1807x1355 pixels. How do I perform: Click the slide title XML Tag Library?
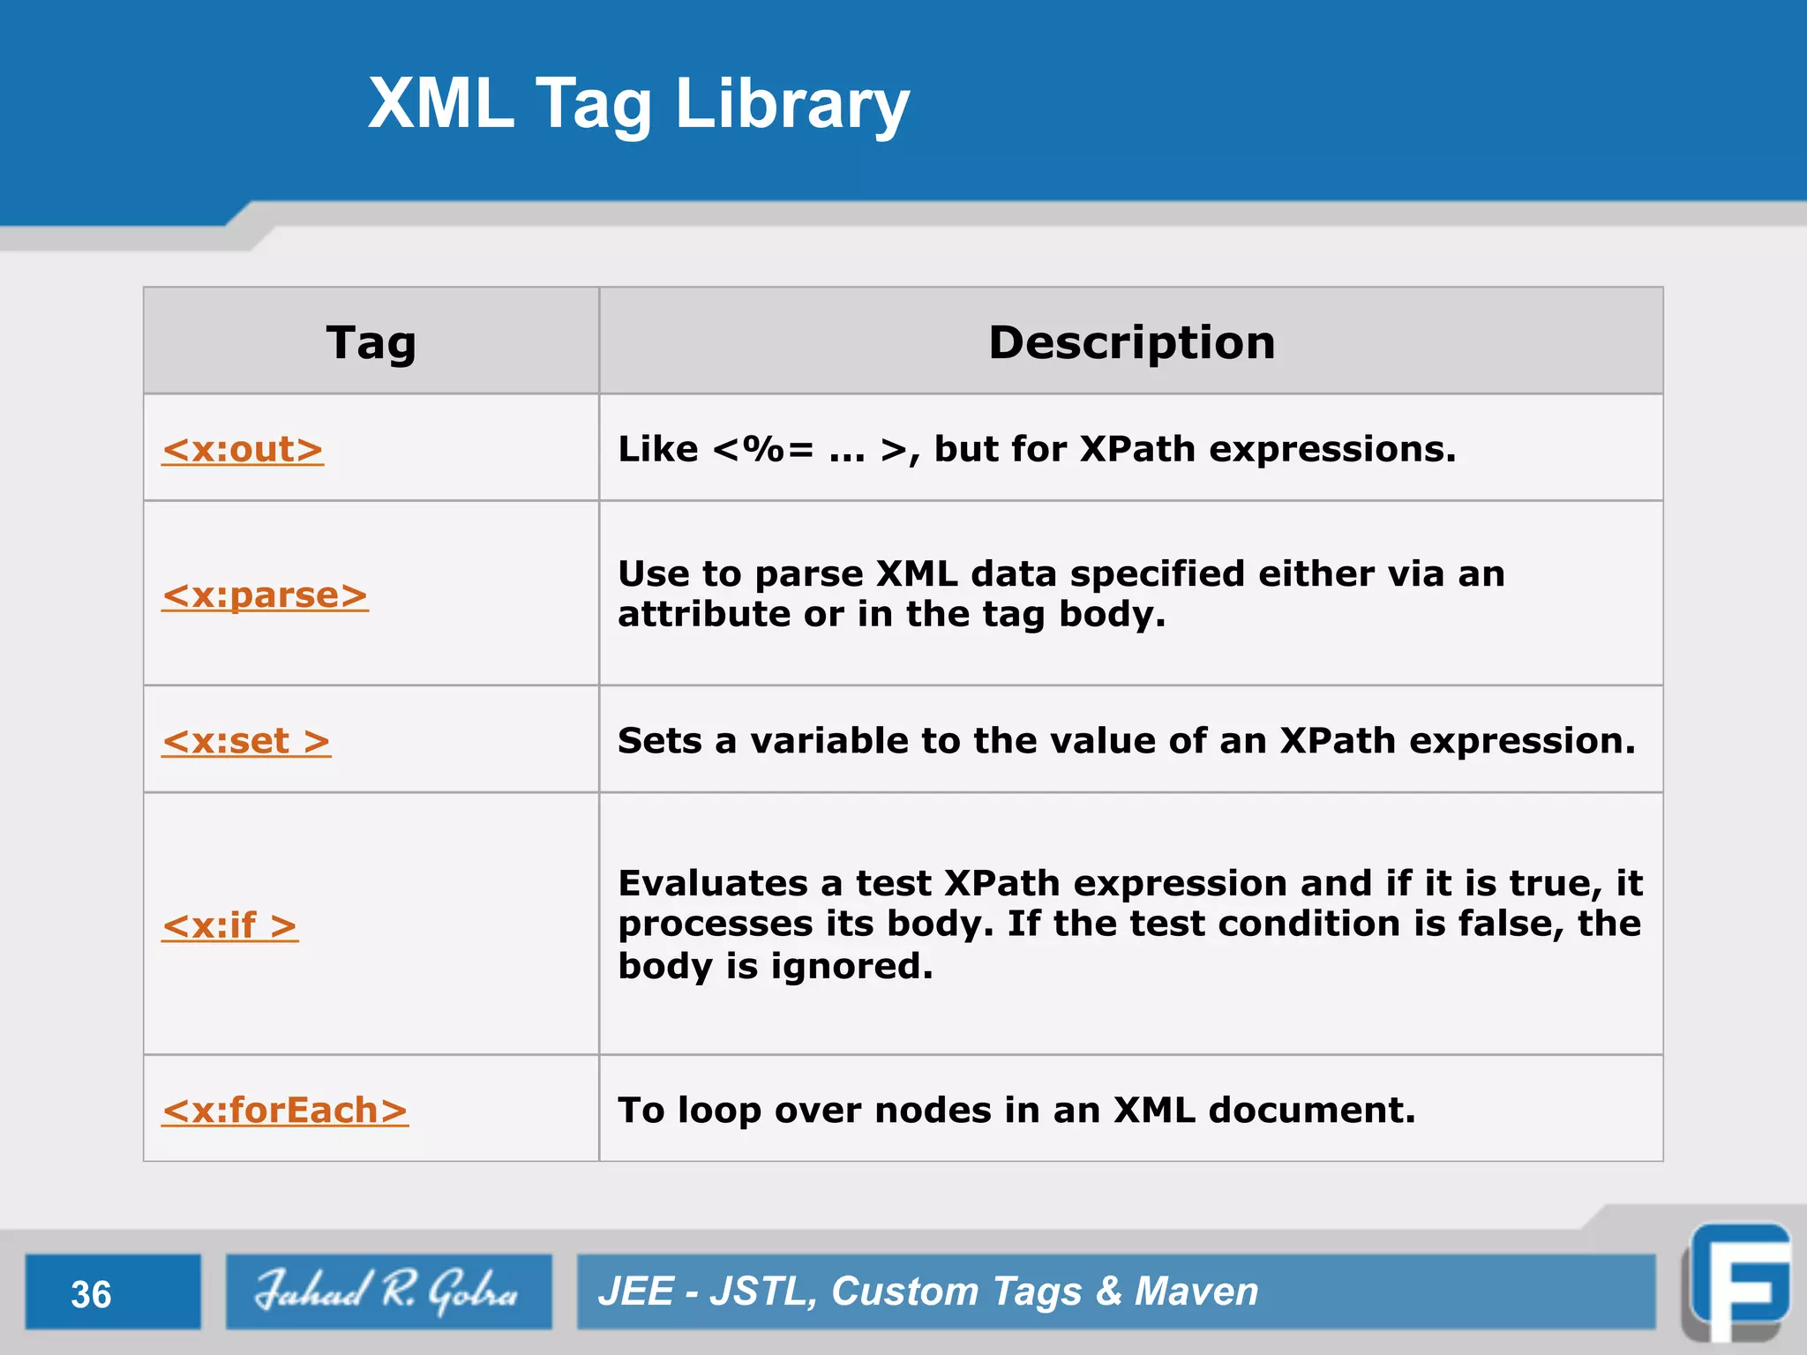(638, 103)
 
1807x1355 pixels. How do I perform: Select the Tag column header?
(371, 342)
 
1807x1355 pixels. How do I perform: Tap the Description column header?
(1131, 342)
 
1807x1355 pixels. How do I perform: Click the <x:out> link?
(243, 449)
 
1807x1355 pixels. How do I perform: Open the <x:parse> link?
(265, 595)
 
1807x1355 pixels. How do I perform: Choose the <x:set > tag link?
(246, 741)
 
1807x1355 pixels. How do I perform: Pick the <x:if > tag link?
(230, 925)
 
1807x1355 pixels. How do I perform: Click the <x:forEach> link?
(285, 1110)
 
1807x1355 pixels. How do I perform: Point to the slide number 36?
(91, 1294)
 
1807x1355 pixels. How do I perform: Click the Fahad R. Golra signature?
(387, 1291)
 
